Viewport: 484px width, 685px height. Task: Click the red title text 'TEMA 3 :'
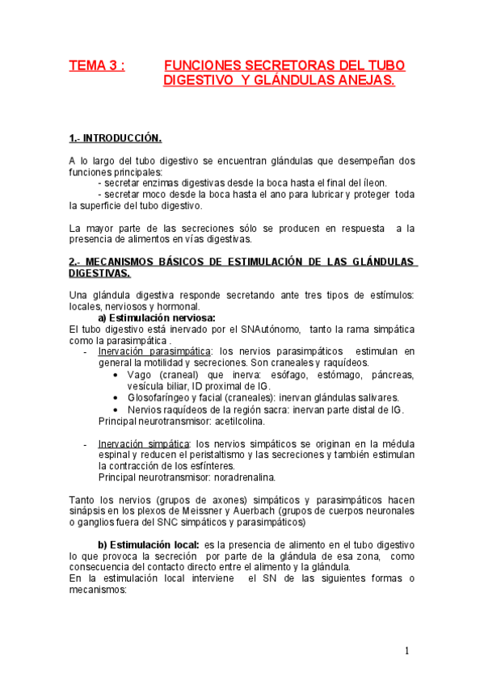tap(97, 65)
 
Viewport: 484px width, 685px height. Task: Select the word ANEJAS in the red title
tap(361, 81)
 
